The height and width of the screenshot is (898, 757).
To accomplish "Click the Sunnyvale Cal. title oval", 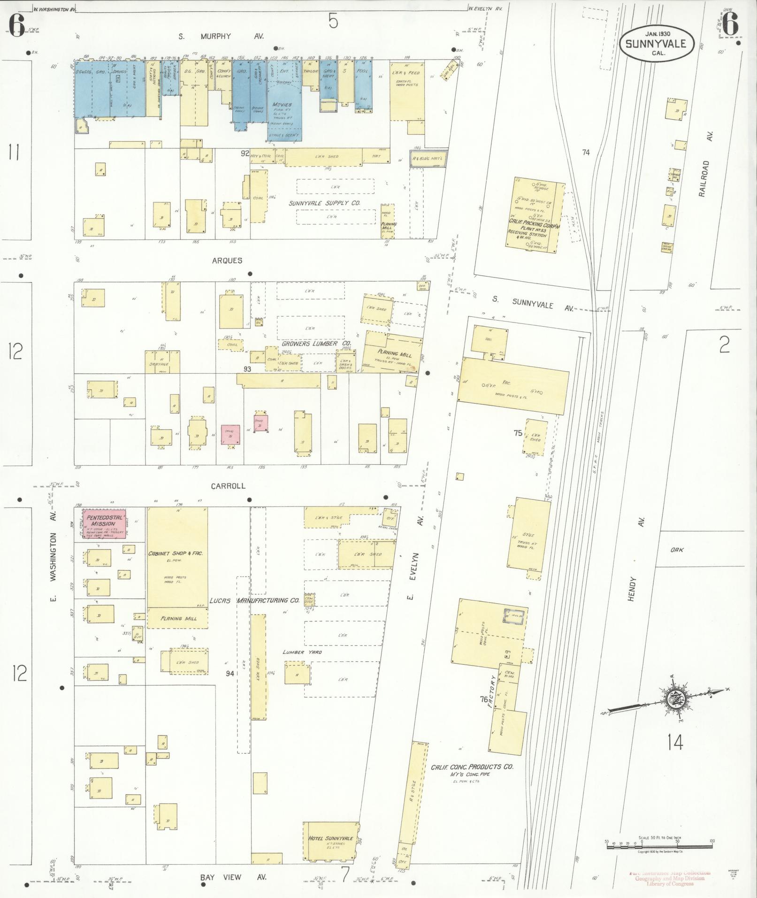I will pos(656,44).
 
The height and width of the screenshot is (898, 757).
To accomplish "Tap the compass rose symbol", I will pos(675,698).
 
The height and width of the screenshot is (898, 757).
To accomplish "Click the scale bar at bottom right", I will pos(659,845).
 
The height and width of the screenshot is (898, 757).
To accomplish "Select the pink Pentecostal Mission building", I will pos(106,523).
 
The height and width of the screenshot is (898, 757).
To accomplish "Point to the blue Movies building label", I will pos(281,104).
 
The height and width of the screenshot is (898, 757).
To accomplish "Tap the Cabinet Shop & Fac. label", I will pos(175,553).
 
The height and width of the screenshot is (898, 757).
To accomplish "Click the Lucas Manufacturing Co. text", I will pos(254,600).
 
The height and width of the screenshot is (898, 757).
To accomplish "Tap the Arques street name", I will pos(227,261).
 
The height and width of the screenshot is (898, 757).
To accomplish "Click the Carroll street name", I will pos(228,486).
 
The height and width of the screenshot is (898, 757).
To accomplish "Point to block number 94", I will pos(229,673).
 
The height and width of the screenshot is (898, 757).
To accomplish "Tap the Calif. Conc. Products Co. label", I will pos(472,767).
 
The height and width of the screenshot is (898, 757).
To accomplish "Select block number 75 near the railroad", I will pos(518,433).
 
